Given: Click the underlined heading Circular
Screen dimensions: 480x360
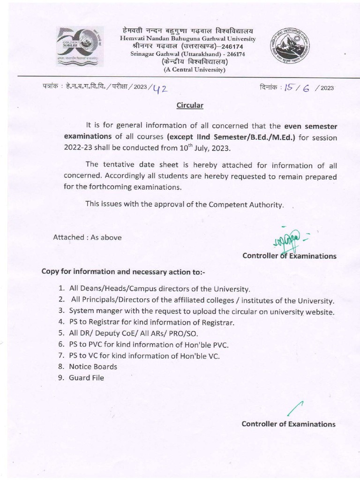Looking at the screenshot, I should [x=189, y=105].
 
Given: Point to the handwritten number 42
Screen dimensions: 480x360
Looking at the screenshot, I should [x=158, y=87].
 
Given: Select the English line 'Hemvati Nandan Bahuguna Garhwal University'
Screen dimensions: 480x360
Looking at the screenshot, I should [x=187, y=38].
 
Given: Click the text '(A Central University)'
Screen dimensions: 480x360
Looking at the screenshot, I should [x=194, y=70].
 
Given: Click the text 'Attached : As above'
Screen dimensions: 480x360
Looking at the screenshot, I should [x=87, y=237].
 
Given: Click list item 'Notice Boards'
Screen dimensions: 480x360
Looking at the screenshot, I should [x=93, y=367].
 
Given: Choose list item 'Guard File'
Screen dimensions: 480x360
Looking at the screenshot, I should [x=86, y=378].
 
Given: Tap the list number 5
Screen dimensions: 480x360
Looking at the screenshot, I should [x=61, y=333].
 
